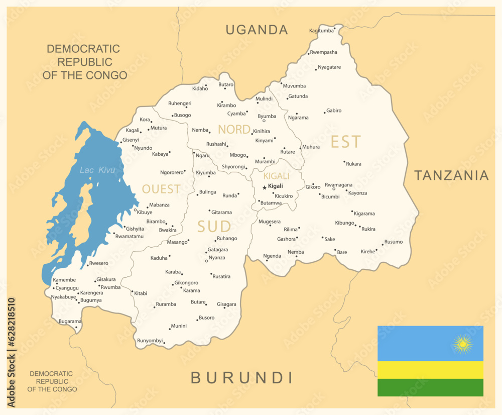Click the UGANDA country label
click(x=257, y=30)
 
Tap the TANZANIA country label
click(x=451, y=175)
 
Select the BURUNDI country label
click(x=241, y=377)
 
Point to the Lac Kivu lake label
click(x=97, y=170)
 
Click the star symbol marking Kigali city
click(x=265, y=187)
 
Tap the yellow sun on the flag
click(x=462, y=344)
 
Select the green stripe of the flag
click(x=430, y=387)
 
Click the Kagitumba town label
click(x=321, y=31)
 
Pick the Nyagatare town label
click(x=329, y=67)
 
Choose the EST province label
click(x=345, y=142)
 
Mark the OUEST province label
click(x=161, y=189)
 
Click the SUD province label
click(x=214, y=227)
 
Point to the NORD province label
click(x=233, y=130)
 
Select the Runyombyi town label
click(x=150, y=341)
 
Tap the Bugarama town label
click(x=70, y=321)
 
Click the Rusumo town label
click(x=394, y=242)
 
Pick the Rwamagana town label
click(x=338, y=185)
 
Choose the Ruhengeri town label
click(x=180, y=103)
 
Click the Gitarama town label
click(x=221, y=213)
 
